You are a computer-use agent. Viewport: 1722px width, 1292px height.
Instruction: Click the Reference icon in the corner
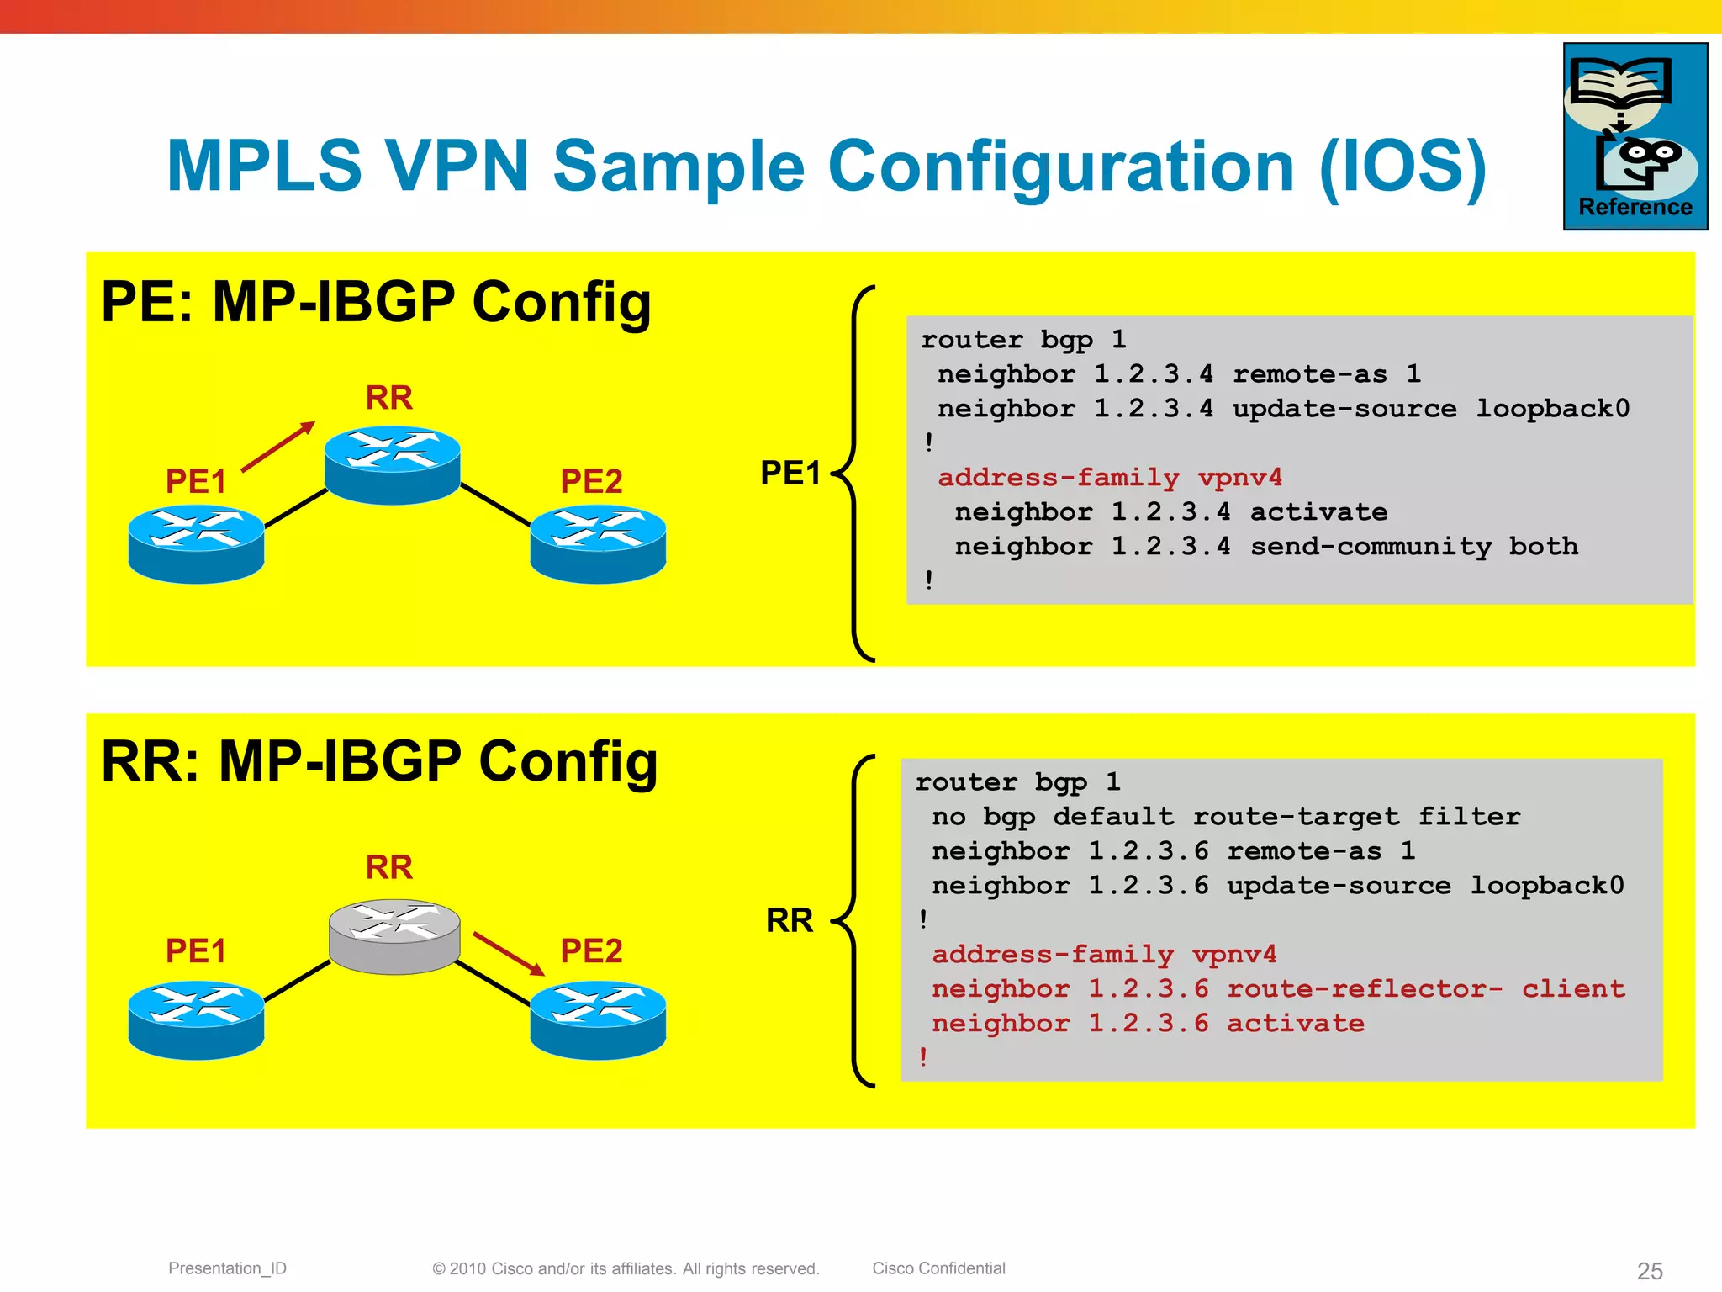[x=1635, y=136]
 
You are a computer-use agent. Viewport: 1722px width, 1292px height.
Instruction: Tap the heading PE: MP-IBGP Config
[x=376, y=302]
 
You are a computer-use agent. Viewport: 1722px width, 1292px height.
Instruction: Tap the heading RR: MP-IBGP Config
[x=379, y=762]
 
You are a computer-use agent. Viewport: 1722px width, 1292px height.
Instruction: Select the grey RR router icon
[x=394, y=935]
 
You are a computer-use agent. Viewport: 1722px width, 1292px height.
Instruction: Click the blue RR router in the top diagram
[x=392, y=464]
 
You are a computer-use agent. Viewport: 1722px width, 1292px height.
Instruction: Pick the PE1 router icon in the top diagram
[x=196, y=543]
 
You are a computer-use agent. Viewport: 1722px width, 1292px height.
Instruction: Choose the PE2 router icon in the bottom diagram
[x=598, y=1019]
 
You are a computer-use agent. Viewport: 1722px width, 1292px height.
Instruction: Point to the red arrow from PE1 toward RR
[x=278, y=446]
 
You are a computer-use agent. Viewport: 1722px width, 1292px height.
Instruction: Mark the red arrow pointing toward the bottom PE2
[x=509, y=953]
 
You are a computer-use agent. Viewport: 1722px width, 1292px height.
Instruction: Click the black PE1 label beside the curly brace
[x=790, y=474]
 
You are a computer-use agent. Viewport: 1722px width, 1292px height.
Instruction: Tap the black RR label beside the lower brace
[x=789, y=921]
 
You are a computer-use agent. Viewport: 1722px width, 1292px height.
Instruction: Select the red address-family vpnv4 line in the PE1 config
[x=1110, y=478]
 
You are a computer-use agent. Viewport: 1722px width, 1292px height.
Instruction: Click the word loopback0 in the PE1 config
[x=1552, y=409]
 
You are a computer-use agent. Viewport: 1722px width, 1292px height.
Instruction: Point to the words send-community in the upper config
[x=1371, y=547]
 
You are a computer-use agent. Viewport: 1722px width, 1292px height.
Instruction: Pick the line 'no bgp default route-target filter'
[x=1225, y=817]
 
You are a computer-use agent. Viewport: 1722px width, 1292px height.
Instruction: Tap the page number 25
[x=1649, y=1270]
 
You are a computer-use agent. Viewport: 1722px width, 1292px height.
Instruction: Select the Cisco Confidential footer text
[x=938, y=1268]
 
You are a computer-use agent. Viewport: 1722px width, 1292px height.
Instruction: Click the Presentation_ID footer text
[x=227, y=1268]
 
